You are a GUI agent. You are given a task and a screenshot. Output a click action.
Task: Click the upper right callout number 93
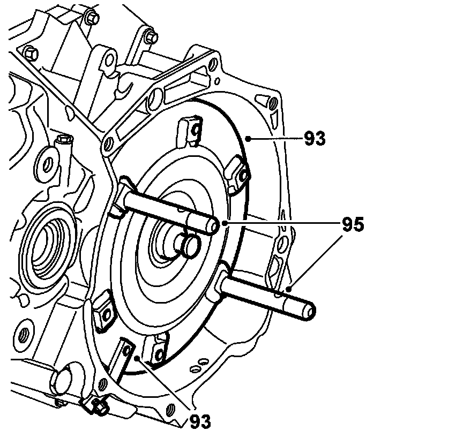(315, 138)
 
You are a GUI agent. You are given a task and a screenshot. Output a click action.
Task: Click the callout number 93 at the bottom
(200, 420)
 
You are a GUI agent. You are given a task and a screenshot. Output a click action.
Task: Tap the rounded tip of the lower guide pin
(310, 310)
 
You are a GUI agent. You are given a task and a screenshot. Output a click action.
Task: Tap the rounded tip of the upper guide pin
(213, 226)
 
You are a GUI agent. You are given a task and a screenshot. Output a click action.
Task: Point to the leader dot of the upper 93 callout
(247, 138)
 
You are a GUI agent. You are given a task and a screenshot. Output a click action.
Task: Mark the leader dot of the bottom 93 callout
(138, 358)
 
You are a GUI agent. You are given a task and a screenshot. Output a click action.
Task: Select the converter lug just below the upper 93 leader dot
(239, 171)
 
